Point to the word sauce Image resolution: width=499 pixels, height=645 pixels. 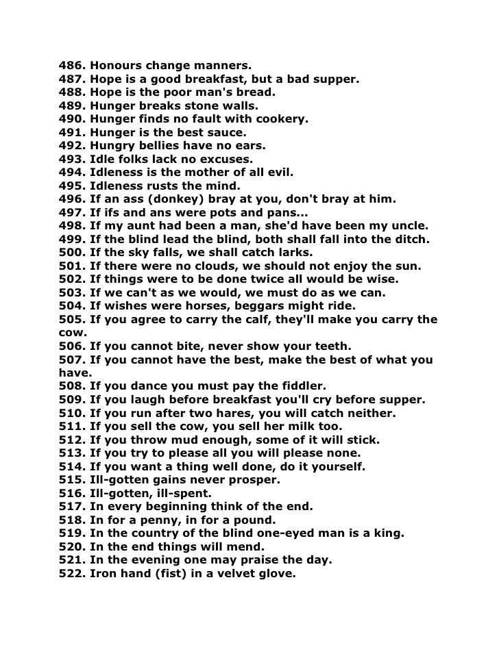pyautogui.click(x=228, y=132)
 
